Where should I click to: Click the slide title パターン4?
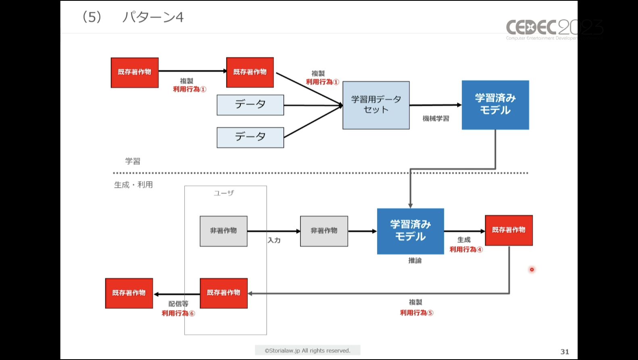point(153,17)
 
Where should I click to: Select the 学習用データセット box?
point(376,105)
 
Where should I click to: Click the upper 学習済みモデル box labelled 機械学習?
point(495,105)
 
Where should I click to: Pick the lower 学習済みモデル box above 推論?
point(410,231)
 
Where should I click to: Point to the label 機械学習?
point(436,119)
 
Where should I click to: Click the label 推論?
point(415,261)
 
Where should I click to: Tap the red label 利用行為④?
point(466,250)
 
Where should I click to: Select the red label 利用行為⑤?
point(416,313)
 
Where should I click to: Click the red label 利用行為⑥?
point(178,313)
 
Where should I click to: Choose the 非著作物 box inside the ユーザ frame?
point(223,231)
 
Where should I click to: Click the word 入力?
point(274,241)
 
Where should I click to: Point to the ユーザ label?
point(224,193)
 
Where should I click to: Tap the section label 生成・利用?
point(133,185)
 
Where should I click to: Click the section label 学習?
point(132,161)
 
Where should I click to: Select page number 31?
point(565,352)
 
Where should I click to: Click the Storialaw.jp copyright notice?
point(307,351)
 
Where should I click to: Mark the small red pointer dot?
point(532,270)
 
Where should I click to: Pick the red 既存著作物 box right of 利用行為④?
point(509,230)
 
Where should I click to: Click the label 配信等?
point(178,303)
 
